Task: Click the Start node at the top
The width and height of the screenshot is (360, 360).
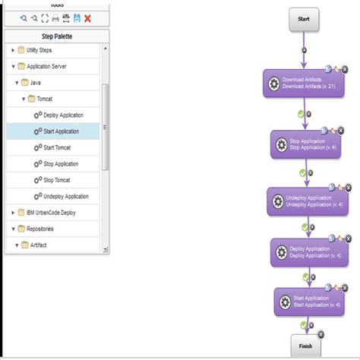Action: [x=303, y=18]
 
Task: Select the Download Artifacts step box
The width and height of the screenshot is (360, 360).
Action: [x=303, y=83]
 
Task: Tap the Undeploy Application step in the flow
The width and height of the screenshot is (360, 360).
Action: [x=307, y=201]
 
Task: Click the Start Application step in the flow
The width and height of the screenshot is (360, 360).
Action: [x=307, y=302]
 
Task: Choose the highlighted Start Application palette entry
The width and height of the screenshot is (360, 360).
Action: [x=61, y=131]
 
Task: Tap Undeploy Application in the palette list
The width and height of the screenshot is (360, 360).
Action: [x=67, y=196]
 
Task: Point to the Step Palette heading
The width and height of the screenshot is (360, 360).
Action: [x=56, y=35]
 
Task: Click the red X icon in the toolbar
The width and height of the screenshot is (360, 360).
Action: [x=88, y=17]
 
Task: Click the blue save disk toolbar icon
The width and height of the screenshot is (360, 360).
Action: [x=77, y=17]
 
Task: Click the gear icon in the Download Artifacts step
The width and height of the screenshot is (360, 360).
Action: [x=274, y=83]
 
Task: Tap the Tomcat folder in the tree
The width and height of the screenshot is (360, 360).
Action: [x=43, y=99]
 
